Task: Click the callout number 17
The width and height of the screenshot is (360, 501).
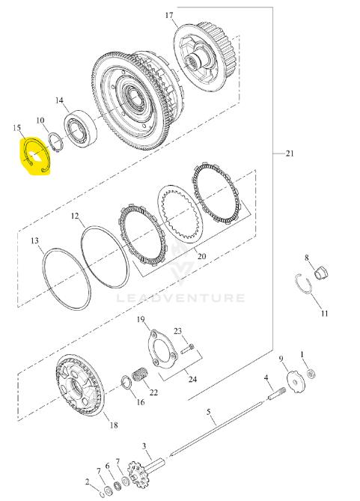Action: [x=169, y=15]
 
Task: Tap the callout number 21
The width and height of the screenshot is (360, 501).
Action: [x=290, y=154]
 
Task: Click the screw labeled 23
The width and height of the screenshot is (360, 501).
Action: [x=187, y=348]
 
